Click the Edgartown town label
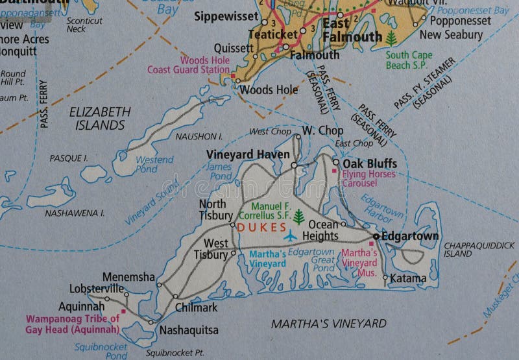coord(410,236)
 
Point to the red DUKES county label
coord(261,227)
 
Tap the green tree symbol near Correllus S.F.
coord(298,216)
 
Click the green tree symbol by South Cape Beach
coord(391,39)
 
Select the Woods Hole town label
coord(269,90)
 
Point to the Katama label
coord(409,279)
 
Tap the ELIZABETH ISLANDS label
coord(99,117)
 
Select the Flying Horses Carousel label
coord(368,178)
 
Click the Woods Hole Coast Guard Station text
coord(189,65)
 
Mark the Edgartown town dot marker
coord(376,236)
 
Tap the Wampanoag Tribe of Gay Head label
coord(73,324)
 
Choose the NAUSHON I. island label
coord(199,137)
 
